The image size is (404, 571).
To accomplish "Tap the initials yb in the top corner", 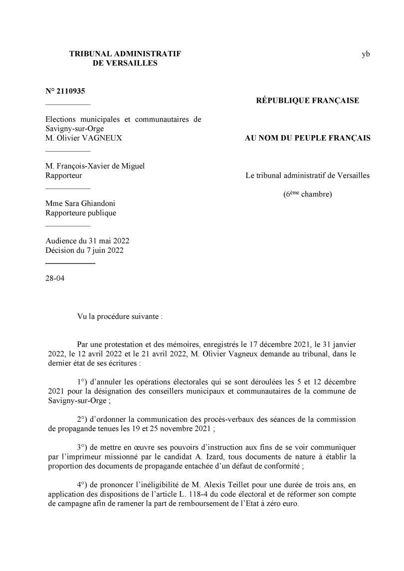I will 366,54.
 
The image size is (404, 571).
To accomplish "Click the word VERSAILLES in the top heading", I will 125,63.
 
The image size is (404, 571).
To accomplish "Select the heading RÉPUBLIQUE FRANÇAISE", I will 307,101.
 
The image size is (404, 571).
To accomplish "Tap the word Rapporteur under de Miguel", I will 64,176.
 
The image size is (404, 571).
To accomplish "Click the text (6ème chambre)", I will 307,194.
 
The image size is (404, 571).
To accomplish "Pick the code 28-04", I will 55,278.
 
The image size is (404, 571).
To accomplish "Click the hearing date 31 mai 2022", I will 106,241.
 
